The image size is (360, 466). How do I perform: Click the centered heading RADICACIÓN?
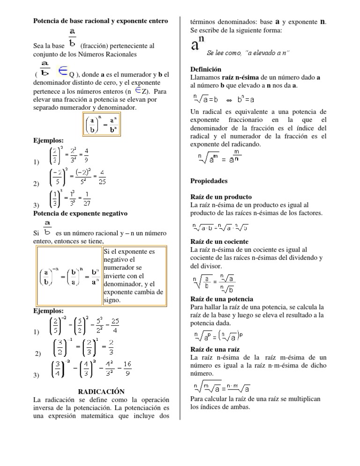click(101, 391)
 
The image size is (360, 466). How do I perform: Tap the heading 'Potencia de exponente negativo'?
click(81, 213)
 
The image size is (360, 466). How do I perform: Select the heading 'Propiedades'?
click(209, 181)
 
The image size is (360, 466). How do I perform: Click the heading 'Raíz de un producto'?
click(221, 197)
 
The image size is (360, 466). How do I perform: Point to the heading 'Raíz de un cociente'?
click(220, 241)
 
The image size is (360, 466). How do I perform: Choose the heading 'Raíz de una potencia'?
click(222, 299)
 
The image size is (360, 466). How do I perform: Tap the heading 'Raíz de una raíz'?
click(215, 349)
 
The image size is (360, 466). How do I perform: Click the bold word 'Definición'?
click(206, 69)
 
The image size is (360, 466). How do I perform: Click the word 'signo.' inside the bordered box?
click(112, 300)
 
